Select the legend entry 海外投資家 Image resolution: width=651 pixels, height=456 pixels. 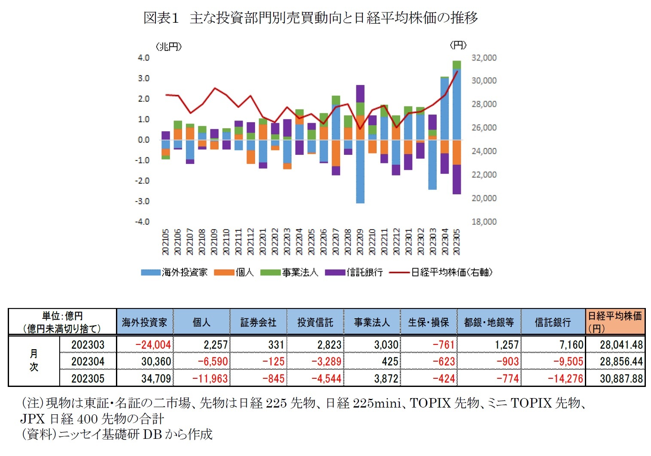[174, 272]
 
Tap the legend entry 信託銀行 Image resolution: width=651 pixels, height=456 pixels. [354, 272]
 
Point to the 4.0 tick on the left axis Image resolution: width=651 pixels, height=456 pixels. [143, 58]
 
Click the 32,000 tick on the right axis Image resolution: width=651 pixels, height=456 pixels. [484, 58]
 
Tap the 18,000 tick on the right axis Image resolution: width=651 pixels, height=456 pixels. [484, 222]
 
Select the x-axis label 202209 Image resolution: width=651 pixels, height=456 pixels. [360, 242]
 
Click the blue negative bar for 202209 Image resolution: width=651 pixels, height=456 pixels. [360, 172]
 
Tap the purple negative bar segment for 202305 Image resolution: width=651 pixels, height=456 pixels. [456, 179]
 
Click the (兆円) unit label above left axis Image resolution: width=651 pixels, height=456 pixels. [168, 46]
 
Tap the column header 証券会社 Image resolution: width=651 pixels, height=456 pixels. [258, 322]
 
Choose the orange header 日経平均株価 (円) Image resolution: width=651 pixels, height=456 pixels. [615, 322]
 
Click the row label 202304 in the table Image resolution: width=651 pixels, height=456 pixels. [88, 361]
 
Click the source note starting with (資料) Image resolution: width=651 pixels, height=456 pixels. [117, 434]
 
